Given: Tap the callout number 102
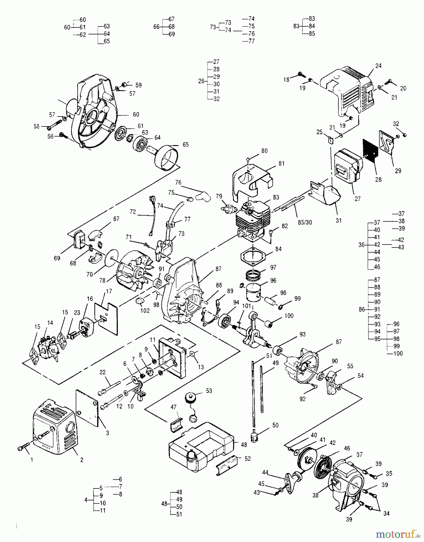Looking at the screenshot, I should coord(145,310).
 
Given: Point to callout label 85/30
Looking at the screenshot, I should coord(304,222).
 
